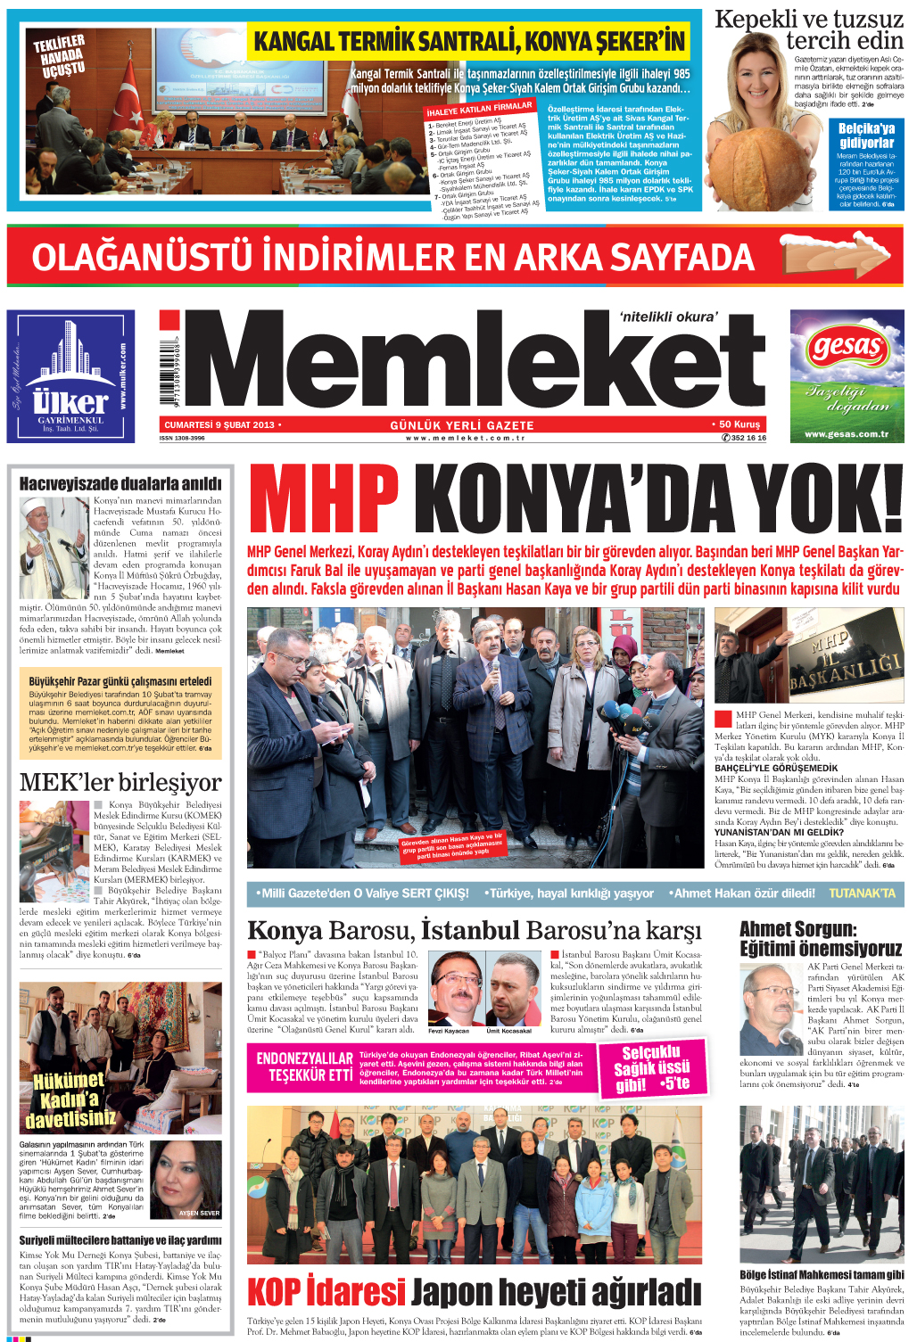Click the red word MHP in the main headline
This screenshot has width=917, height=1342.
[x=323, y=501]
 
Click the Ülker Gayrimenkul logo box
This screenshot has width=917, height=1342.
[x=70, y=375]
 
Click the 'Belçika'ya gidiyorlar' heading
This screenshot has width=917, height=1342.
[x=866, y=136]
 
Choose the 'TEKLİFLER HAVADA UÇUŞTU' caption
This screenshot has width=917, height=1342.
[x=61, y=55]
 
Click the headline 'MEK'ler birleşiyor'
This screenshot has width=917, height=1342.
[x=120, y=782]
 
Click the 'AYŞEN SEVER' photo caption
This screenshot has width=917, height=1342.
[x=198, y=1213]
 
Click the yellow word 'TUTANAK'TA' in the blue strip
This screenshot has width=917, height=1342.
[x=861, y=893]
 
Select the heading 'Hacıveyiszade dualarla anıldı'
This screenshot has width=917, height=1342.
[x=120, y=483]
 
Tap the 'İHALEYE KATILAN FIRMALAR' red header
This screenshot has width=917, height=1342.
[x=479, y=110]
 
